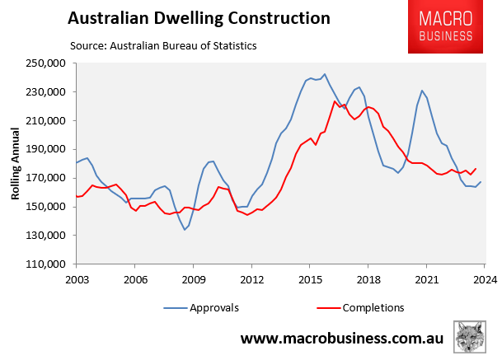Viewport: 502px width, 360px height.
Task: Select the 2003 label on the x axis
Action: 76,279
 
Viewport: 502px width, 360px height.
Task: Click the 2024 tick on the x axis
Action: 484,279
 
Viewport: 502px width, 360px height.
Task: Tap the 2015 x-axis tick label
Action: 309,279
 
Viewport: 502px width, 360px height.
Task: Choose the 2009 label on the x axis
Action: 193,279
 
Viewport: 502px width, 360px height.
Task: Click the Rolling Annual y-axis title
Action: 14,163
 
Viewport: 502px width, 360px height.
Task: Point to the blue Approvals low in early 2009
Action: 185,229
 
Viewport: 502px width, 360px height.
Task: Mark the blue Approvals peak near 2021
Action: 422,91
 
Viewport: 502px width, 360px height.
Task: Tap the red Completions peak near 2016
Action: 335,101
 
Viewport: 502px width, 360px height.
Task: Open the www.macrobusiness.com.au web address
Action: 342,339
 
